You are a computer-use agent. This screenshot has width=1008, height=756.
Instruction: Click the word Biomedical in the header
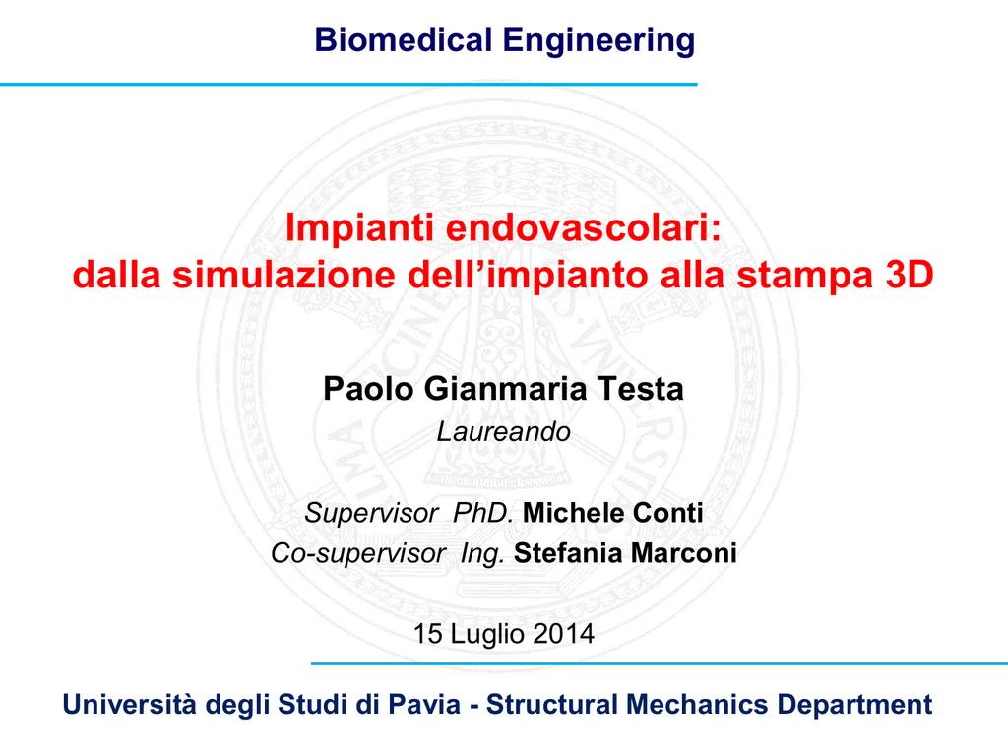404,39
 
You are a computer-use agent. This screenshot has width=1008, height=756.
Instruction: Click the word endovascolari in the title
584,227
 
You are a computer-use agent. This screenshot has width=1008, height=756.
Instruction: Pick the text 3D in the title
910,275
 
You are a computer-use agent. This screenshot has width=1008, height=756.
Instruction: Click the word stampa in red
805,277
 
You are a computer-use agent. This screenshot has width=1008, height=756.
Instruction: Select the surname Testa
640,389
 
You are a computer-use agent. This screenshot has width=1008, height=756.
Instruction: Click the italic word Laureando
504,432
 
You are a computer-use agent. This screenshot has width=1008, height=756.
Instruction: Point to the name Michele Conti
613,513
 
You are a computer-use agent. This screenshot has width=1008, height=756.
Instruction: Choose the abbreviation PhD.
482,513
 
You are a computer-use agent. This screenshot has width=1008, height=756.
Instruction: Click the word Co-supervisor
358,553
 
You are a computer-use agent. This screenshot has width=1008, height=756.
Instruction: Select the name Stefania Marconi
625,553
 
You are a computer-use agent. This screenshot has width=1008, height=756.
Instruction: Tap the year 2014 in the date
564,634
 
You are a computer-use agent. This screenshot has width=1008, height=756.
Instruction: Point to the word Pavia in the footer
425,705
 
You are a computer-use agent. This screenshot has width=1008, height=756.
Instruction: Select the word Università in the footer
129,705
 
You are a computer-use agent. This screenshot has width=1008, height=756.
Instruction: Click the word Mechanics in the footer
697,705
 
